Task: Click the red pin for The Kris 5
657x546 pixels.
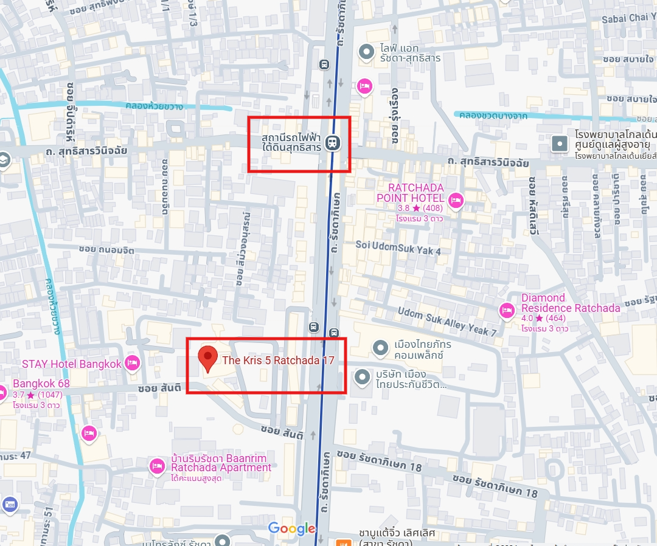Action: (x=208, y=358)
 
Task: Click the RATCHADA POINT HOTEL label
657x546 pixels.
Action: (x=410, y=193)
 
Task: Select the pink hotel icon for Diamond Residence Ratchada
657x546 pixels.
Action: (x=506, y=311)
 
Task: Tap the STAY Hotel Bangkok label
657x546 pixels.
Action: (x=72, y=364)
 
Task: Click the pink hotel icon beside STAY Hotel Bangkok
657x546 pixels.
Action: (x=132, y=364)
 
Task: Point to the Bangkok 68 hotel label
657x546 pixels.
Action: (x=41, y=384)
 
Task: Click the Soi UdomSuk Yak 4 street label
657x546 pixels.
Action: (x=398, y=247)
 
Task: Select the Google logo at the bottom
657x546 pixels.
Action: (x=292, y=528)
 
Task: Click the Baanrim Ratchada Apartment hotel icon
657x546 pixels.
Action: (x=157, y=466)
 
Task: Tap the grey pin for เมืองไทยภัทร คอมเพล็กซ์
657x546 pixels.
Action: (x=381, y=348)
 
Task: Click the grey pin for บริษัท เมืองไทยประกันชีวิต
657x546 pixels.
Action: (x=363, y=377)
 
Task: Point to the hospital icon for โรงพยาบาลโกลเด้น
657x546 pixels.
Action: (x=559, y=143)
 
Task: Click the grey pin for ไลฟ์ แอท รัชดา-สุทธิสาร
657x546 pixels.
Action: (x=366, y=52)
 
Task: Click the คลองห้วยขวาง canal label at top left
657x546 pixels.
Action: (x=154, y=106)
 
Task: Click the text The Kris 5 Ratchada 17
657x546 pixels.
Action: (x=278, y=361)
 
